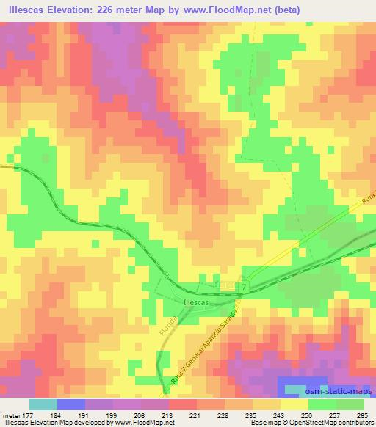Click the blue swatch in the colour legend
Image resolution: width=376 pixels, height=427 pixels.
(x=70, y=404)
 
